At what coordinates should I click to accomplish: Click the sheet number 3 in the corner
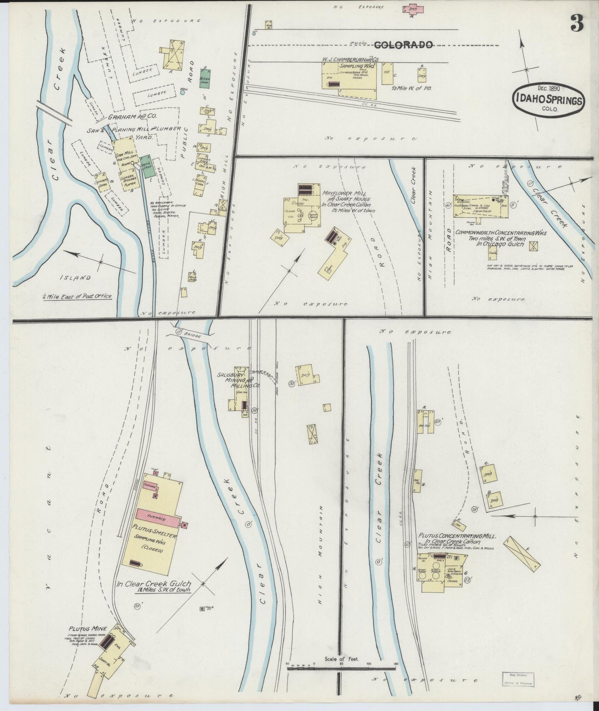tap(577, 23)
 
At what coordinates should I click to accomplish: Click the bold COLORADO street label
tap(404, 45)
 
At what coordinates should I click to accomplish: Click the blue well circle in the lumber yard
tap(183, 92)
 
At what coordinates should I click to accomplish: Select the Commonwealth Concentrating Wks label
tap(501, 233)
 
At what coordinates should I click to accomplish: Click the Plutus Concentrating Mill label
tap(454, 536)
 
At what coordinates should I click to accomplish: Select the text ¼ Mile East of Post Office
tap(77, 296)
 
